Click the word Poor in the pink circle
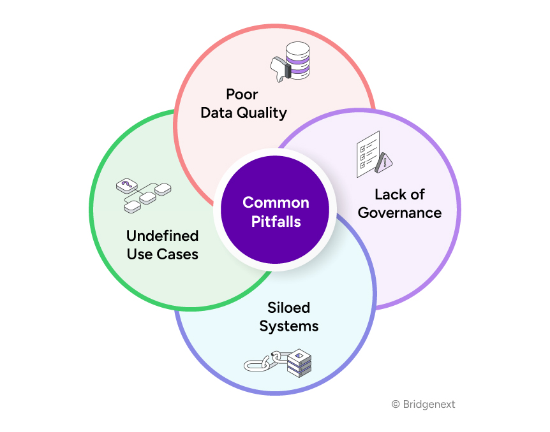[x=242, y=94]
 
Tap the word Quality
[x=262, y=113]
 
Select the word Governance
[x=399, y=212]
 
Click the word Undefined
[x=162, y=236]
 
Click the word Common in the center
[x=276, y=203]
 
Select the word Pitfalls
[x=276, y=222]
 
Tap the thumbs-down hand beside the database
[x=279, y=68]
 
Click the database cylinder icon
[x=297, y=60]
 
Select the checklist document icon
[x=368, y=152]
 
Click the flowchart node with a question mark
[x=126, y=185]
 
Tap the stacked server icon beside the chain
[x=299, y=362]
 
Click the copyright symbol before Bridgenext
[x=396, y=405]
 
